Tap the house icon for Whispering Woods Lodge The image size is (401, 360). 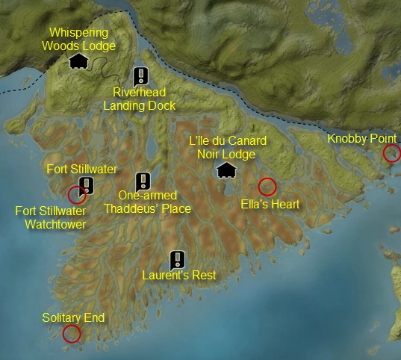[78, 61]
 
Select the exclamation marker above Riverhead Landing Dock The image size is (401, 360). [140, 75]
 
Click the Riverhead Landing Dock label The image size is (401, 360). [139, 99]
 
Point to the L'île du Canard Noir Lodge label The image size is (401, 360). [227, 147]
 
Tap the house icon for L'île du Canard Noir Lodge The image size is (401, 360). [226, 171]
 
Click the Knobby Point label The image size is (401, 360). [363, 139]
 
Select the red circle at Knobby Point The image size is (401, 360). [391, 154]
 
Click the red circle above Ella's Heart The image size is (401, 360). [267, 187]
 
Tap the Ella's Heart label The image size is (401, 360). [270, 204]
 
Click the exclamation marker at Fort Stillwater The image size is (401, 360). [87, 185]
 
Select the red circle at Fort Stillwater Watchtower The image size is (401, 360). [76, 195]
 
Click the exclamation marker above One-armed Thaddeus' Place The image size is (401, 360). [143, 181]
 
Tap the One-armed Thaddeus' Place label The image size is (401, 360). [147, 202]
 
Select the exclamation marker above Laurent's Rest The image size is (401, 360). [177, 259]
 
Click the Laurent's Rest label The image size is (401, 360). [179, 276]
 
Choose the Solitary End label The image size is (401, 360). [73, 318]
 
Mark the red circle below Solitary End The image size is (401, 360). [72, 334]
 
